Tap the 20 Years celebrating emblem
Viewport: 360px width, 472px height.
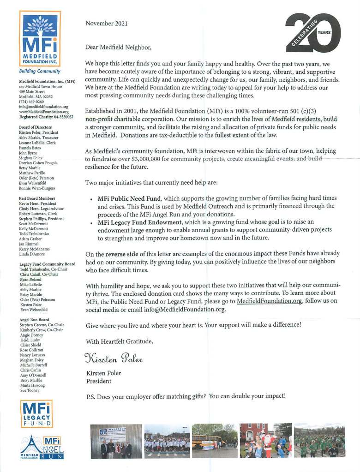coord(313,32)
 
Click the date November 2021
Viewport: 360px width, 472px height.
coord(106,24)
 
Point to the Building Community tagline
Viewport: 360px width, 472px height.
coord(40,72)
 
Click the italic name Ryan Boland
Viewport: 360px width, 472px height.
coord(30,280)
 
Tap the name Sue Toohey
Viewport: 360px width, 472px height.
coord(30,390)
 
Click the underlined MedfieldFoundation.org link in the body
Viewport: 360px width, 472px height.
coord(270,301)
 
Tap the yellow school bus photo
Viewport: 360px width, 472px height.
coord(214,441)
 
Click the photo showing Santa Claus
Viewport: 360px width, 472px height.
coord(265,441)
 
